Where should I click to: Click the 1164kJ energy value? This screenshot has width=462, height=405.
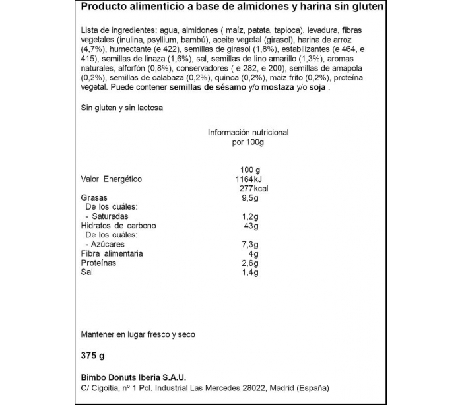(x=249, y=179)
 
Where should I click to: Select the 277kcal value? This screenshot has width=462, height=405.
(x=253, y=189)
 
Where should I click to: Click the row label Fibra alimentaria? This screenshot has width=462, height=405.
(x=112, y=254)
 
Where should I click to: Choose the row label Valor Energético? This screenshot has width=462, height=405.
(x=111, y=179)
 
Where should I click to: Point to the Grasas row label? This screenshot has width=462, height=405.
(x=94, y=198)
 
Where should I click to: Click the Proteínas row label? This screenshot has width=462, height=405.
(x=98, y=263)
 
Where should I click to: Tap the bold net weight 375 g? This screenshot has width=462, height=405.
(x=93, y=356)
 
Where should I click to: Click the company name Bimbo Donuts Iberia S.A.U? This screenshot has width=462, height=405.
(x=133, y=377)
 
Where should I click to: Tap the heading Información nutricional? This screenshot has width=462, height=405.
(x=248, y=133)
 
